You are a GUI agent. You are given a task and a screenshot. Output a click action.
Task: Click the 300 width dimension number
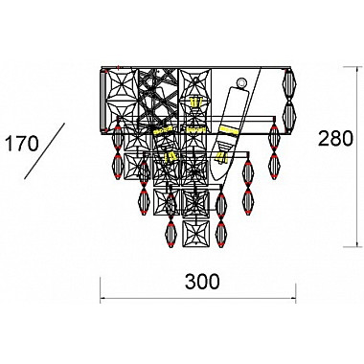tap(202, 282)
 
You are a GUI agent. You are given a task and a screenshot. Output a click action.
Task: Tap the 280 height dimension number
tap(335, 138)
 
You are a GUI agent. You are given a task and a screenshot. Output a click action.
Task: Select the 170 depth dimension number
tap(22, 144)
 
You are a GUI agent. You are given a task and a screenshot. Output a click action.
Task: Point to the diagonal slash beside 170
tap(45, 150)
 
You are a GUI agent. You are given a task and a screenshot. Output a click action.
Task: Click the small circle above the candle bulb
tap(240, 82)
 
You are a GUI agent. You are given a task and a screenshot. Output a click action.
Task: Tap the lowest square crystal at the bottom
tap(196, 233)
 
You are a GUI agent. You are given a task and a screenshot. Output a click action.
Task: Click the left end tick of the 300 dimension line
tap(101, 289)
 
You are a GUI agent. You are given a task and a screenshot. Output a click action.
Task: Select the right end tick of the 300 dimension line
tap(296, 292)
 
